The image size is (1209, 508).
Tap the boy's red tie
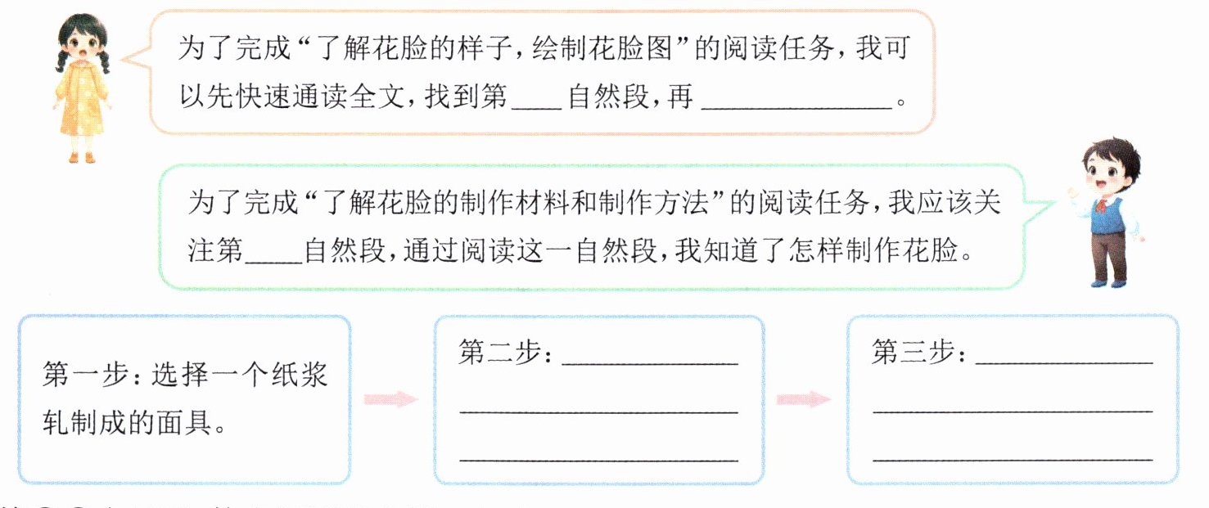[x=1106, y=203]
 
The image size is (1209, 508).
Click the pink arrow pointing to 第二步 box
[x=390, y=399]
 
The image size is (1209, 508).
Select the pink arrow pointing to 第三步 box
[x=803, y=399]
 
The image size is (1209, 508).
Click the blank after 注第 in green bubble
[x=273, y=252]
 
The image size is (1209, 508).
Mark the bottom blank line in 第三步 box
[x=1013, y=460]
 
